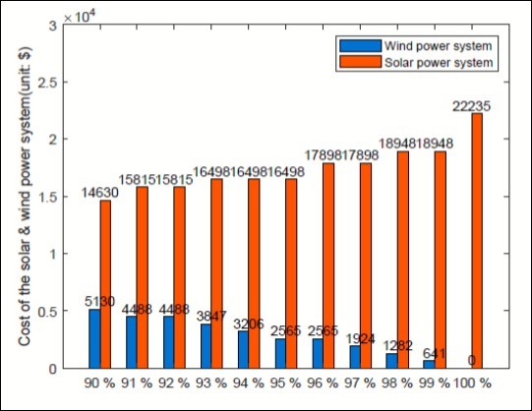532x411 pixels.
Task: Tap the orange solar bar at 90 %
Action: tap(106, 285)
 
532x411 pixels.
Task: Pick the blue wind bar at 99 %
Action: tap(429, 364)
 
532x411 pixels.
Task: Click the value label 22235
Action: tap(477, 105)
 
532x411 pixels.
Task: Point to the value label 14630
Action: tap(101, 193)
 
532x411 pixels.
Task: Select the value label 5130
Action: tap(95, 302)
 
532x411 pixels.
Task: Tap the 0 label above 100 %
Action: tap(472, 361)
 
